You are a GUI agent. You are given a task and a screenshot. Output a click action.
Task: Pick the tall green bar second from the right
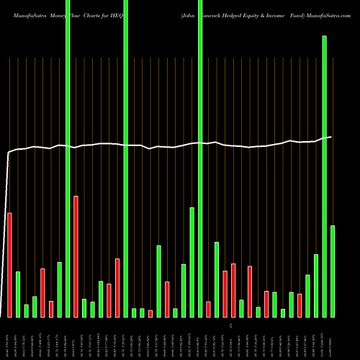324,176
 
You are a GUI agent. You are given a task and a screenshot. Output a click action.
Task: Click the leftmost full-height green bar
68,158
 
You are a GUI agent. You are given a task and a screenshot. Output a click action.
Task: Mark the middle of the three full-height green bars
125,158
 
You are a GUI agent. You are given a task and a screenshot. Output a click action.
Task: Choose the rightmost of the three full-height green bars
200,158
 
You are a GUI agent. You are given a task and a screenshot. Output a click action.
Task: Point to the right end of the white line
331,137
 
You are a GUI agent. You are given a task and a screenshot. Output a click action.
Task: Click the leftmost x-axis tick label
9,338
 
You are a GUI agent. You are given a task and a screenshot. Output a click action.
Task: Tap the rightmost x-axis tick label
333,338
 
